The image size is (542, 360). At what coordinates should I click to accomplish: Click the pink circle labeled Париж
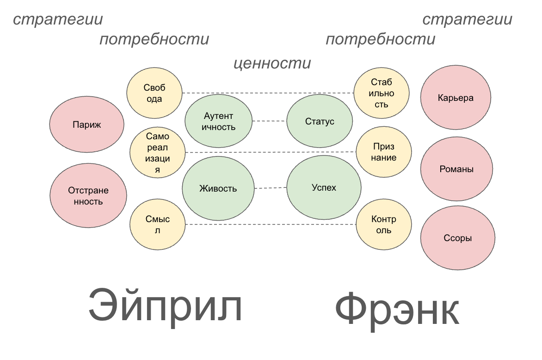click(x=87, y=124)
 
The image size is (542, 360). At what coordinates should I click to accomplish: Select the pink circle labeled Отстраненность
click(x=88, y=195)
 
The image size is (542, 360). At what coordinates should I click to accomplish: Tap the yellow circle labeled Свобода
click(x=154, y=93)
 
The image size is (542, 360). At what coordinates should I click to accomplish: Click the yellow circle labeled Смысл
click(x=157, y=225)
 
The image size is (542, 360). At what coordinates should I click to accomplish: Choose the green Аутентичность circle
click(x=219, y=121)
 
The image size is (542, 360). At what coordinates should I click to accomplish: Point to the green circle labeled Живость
click(x=218, y=188)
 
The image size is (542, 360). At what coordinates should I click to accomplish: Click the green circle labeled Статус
click(x=320, y=122)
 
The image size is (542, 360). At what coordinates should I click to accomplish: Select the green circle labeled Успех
click(x=324, y=187)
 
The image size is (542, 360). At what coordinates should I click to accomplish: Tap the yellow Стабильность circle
click(x=382, y=93)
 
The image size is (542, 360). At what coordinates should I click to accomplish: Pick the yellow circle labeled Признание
click(x=384, y=152)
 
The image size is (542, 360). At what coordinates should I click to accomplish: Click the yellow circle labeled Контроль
click(x=384, y=225)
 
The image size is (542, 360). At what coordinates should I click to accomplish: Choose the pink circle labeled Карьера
click(x=456, y=98)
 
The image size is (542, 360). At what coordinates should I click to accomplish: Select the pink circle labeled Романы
click(x=456, y=169)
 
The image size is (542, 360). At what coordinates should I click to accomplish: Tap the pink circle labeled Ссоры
click(x=457, y=238)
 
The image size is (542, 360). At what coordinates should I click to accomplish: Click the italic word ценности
click(x=272, y=63)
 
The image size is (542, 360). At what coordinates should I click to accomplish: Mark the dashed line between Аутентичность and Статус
click(x=269, y=121)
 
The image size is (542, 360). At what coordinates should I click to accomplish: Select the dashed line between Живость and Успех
click(x=271, y=188)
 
